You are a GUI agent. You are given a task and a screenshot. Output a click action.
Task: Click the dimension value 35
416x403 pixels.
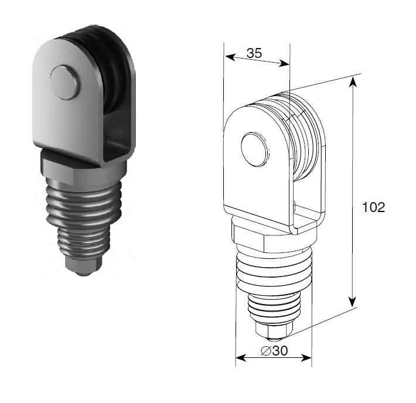point(254,53)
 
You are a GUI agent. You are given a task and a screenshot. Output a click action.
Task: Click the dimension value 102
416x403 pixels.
point(374,207)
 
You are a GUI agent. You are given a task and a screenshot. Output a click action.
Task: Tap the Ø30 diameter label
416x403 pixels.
point(274,351)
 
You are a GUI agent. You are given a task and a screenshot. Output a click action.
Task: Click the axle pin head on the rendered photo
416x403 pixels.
point(64,83)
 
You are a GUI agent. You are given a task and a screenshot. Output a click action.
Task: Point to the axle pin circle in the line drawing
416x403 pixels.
point(255,149)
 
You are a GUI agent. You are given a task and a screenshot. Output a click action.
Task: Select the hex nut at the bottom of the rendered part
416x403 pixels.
point(83,265)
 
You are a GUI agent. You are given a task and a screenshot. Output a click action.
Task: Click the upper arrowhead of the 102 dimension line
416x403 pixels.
point(353,82)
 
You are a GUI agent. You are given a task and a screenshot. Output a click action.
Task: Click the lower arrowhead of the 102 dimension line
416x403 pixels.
point(352,302)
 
